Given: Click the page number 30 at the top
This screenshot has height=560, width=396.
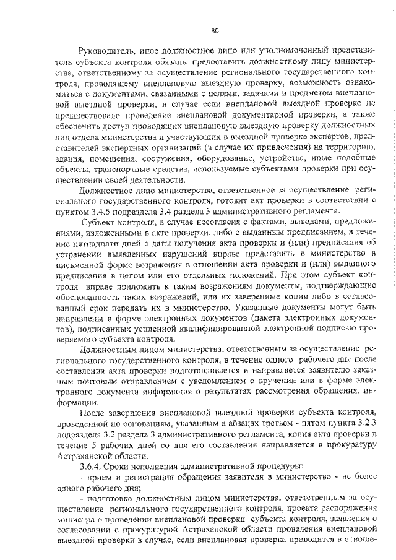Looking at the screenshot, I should [215, 29].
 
